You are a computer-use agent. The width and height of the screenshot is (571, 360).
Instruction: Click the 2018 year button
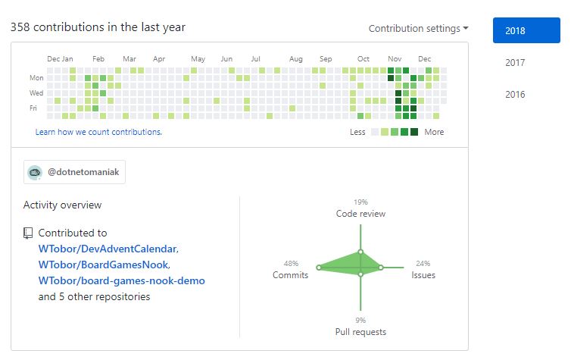(526, 31)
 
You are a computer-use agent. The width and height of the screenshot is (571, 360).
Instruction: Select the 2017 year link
(515, 63)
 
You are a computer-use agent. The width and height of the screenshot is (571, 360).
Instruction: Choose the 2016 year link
(515, 95)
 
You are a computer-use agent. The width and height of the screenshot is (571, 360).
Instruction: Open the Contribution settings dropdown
(418, 29)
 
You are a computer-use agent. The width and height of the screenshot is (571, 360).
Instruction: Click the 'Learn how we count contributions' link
(98, 132)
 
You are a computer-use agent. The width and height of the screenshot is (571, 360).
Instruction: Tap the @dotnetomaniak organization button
(74, 172)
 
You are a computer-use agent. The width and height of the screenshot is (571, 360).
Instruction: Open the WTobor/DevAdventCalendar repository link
(108, 249)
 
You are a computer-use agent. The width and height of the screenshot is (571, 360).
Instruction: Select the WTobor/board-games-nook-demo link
(121, 280)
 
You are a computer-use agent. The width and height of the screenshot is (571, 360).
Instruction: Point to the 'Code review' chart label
(360, 214)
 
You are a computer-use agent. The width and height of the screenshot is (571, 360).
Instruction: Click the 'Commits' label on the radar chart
(290, 275)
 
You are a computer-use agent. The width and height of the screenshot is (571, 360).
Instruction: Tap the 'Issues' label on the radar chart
(423, 275)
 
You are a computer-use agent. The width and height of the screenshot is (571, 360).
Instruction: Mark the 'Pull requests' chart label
(360, 332)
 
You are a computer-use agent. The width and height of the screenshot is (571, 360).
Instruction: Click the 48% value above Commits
(292, 264)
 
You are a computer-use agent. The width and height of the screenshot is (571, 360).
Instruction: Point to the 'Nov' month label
(395, 59)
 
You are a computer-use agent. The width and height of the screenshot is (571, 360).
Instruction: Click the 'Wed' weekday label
(36, 92)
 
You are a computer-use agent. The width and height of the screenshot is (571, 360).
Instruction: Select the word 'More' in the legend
(434, 132)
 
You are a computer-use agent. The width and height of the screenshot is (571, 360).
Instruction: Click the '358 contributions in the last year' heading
(98, 27)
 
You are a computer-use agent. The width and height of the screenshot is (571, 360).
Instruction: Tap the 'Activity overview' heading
(62, 205)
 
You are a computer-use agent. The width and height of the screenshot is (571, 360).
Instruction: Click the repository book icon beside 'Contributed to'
(28, 233)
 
